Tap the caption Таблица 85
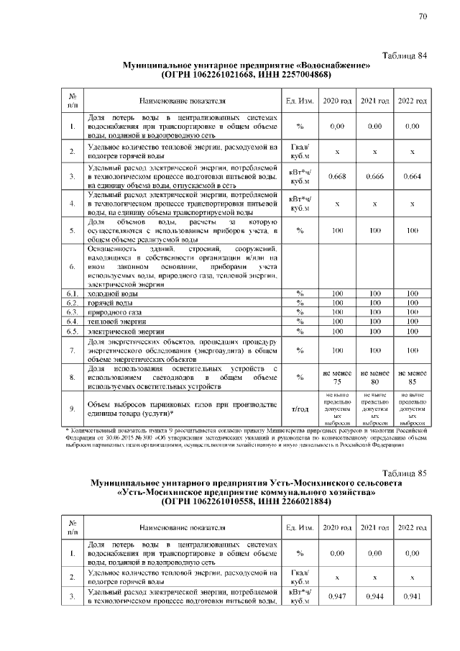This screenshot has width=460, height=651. click(403, 473)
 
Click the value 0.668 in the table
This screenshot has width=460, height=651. click(338, 176)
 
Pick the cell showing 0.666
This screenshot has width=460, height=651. click(375, 176)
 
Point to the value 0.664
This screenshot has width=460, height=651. click(412, 176)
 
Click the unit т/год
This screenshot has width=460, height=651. click(300, 409)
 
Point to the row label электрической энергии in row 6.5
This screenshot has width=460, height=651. click(125, 332)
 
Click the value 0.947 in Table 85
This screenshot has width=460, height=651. click(338, 596)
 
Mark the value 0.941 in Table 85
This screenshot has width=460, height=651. click(412, 596)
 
